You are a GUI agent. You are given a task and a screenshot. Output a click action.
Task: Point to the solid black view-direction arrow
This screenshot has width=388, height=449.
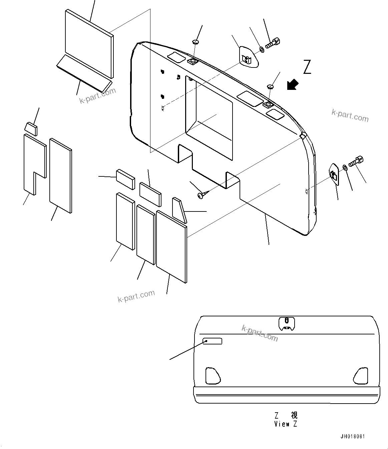(x=293, y=85)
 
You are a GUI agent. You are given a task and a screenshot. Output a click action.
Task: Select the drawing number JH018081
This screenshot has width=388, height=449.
(x=353, y=437)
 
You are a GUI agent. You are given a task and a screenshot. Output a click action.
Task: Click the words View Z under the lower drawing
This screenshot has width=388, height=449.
(x=286, y=424)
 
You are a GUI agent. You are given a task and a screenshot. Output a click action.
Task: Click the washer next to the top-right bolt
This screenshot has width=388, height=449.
(x=262, y=50)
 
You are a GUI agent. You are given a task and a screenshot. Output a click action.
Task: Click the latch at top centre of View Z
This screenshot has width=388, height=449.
(x=287, y=324)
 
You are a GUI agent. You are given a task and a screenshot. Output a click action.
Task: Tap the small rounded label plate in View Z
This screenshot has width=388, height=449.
(x=213, y=341)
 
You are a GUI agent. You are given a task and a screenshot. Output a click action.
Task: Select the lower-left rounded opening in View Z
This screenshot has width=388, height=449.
(x=213, y=375)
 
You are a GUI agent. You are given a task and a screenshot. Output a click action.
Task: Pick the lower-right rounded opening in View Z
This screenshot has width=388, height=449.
(x=361, y=375)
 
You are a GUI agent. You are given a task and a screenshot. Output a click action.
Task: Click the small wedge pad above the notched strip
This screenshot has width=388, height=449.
(x=31, y=129)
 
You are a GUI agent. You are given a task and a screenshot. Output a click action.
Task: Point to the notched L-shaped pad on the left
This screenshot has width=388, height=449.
(x=33, y=164)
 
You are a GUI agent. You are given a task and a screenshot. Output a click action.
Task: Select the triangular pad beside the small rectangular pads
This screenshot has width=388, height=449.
(x=179, y=210)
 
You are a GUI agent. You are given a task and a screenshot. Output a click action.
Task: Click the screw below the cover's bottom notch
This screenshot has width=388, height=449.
(x=201, y=195)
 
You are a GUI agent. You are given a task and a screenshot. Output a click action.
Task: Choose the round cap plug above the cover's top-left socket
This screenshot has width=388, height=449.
(x=196, y=42)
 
